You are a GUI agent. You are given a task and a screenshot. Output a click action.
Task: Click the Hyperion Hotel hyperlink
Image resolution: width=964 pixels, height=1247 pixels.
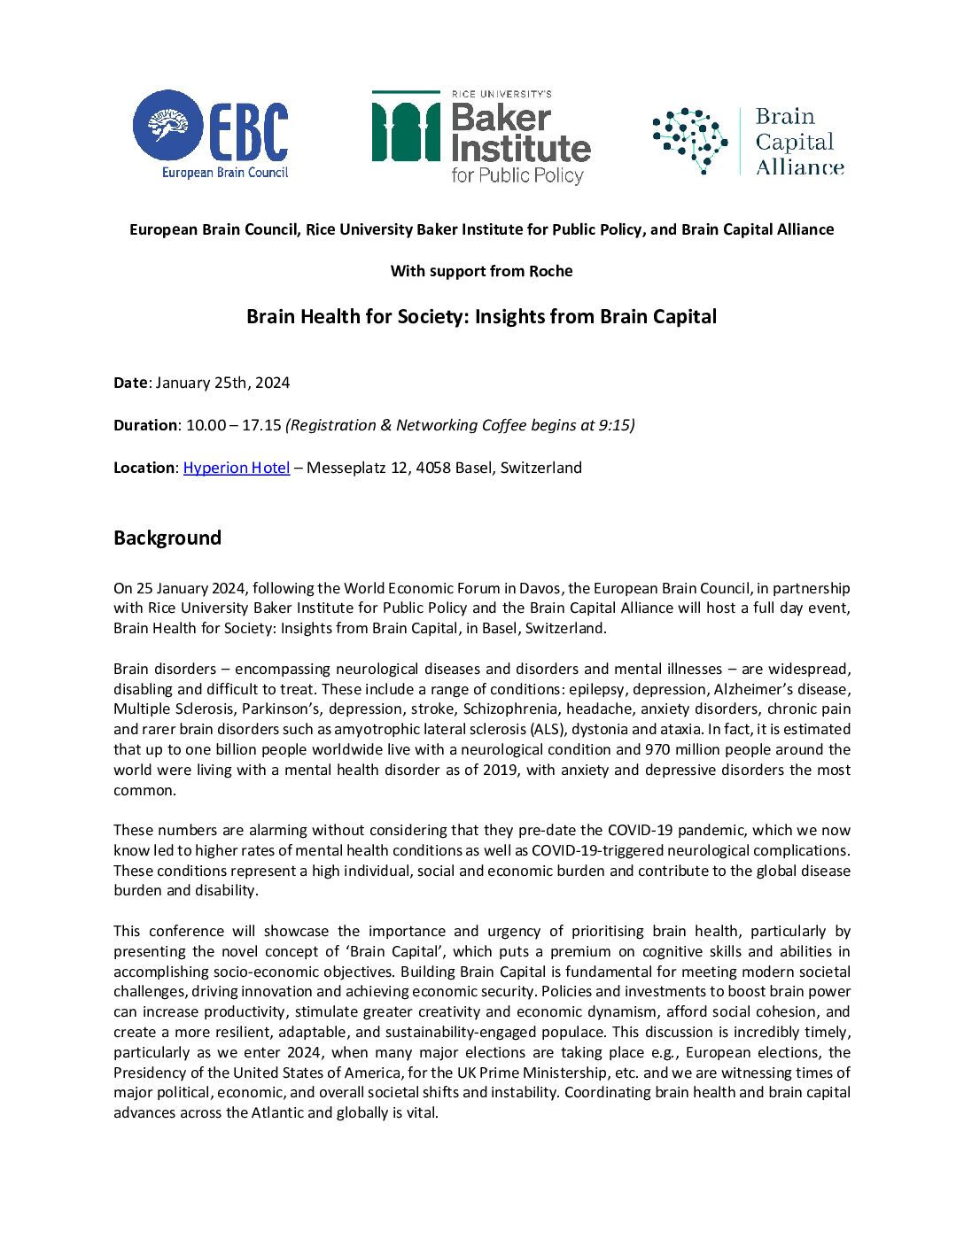(237, 468)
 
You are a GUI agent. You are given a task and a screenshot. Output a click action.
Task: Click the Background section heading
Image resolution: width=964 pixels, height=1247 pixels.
(167, 538)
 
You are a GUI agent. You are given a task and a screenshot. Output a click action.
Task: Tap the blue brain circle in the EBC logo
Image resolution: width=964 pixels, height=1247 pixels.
(167, 125)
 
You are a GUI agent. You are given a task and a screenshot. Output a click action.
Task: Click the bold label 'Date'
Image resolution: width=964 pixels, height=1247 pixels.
(130, 383)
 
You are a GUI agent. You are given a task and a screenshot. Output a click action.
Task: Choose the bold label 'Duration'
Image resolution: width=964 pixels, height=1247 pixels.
(145, 425)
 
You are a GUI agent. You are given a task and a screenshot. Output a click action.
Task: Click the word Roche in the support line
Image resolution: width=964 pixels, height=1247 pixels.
(550, 271)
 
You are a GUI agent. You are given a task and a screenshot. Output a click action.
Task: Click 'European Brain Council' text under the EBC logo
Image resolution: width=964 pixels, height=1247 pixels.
(225, 173)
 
